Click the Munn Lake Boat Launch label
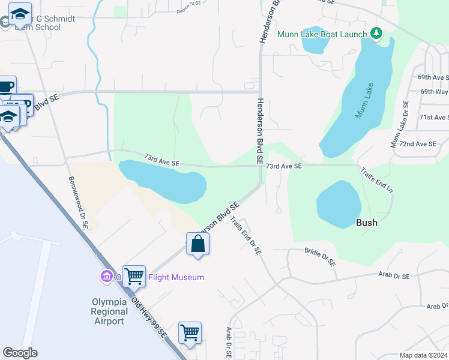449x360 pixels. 321,34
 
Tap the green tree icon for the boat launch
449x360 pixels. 376,33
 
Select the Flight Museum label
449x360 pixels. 176,277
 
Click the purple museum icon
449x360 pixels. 107,277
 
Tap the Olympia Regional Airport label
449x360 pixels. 109,311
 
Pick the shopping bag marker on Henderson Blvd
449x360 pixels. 197,244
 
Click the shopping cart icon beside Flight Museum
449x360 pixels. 134,276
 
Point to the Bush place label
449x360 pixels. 367,223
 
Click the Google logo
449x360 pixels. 20,353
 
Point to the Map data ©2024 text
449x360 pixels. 423,355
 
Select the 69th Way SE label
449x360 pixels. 434,92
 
